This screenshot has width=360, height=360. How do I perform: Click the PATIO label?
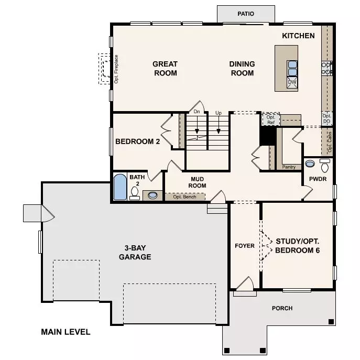pyautogui.click(x=246, y=14)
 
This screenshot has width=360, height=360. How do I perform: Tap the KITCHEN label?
pyautogui.click(x=298, y=36)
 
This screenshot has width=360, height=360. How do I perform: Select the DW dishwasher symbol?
pyautogui.click(x=292, y=82)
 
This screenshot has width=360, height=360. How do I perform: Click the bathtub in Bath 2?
pyautogui.click(x=120, y=187)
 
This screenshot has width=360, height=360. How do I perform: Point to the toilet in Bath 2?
pyautogui.click(x=135, y=193)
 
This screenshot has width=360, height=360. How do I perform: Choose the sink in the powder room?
pyautogui.click(x=310, y=163)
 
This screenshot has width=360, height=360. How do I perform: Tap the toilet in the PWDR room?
pyautogui.click(x=325, y=165)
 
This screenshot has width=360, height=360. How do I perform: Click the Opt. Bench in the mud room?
pyautogui.click(x=184, y=197)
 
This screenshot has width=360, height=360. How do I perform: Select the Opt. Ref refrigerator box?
pyautogui.click(x=271, y=119)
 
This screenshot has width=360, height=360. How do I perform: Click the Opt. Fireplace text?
pyautogui.click(x=116, y=69)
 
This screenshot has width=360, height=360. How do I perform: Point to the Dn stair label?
pyautogui.click(x=197, y=112)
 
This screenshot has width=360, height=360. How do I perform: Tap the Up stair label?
pyautogui.click(x=219, y=113)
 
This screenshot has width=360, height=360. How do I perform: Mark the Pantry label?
pyautogui.click(x=289, y=167)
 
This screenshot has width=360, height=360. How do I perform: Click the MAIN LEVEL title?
pyautogui.click(x=66, y=332)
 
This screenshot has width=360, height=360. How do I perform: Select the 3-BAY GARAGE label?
pyautogui.click(x=135, y=253)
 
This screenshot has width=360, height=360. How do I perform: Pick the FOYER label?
pyautogui.click(x=245, y=246)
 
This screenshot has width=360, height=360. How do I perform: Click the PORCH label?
pyautogui.click(x=282, y=308)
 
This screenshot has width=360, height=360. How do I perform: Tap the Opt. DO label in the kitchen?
pyautogui.click(x=326, y=118)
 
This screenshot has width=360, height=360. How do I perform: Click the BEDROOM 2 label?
pyautogui.click(x=137, y=141)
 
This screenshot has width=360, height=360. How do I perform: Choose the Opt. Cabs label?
pyautogui.click(x=330, y=142)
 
